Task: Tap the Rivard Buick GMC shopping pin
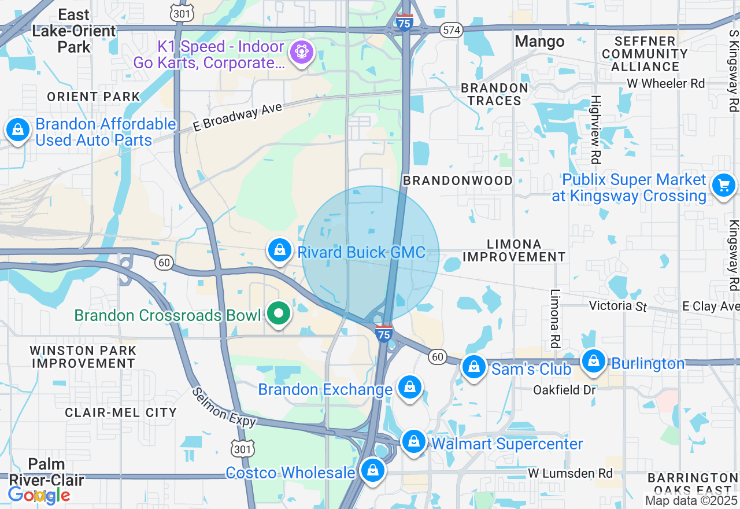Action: coord(280,250)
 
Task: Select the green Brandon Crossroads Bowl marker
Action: coord(279,314)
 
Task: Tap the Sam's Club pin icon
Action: coord(474,367)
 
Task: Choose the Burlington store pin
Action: coord(593,361)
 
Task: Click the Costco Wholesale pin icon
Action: coord(373,471)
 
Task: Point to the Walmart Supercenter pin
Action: coord(414,442)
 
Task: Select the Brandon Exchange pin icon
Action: coord(410,388)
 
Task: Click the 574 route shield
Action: coord(450,30)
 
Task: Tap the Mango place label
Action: coord(539,42)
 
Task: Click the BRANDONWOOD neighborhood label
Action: coord(458,180)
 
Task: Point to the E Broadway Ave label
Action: coord(238,117)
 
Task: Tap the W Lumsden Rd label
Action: coord(570,473)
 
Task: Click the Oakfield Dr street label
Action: coord(564,390)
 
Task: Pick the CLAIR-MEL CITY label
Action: coord(121,412)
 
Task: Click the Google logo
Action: coord(39,495)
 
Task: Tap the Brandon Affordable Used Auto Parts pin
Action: coord(18,130)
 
